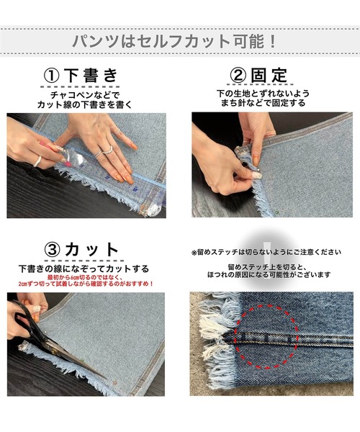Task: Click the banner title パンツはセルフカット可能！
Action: pos(180,39)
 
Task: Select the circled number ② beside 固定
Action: pos(238,76)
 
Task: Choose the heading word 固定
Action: pos(270,76)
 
